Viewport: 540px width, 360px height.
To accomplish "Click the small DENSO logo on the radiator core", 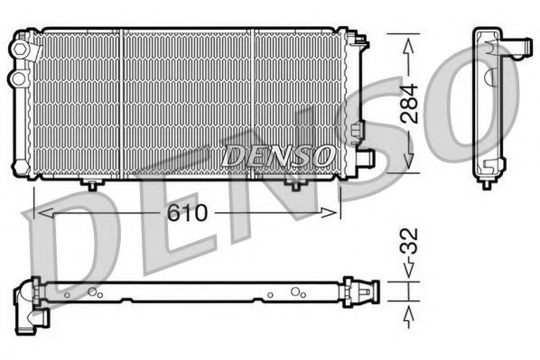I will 279,155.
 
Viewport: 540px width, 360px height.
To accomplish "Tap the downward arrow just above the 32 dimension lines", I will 408,271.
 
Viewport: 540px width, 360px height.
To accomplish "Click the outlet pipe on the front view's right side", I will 364,157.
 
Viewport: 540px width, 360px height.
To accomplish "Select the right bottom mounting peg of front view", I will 294,184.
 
